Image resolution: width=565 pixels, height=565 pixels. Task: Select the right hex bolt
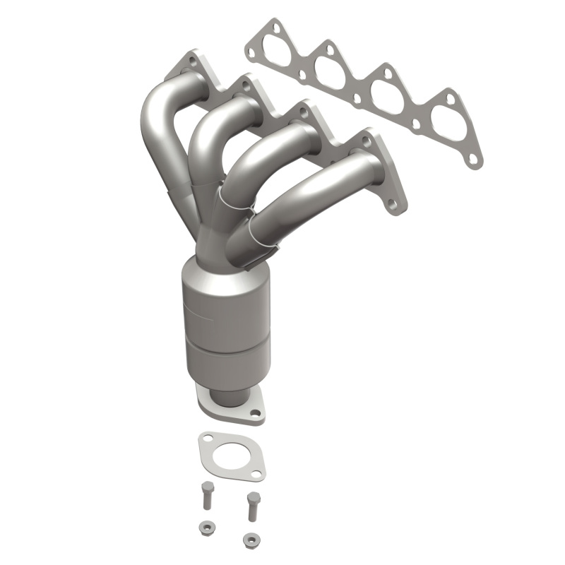point(251,504)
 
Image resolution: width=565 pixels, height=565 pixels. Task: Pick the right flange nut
point(248,540)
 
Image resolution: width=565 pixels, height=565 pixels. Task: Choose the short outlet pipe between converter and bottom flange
point(225,393)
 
